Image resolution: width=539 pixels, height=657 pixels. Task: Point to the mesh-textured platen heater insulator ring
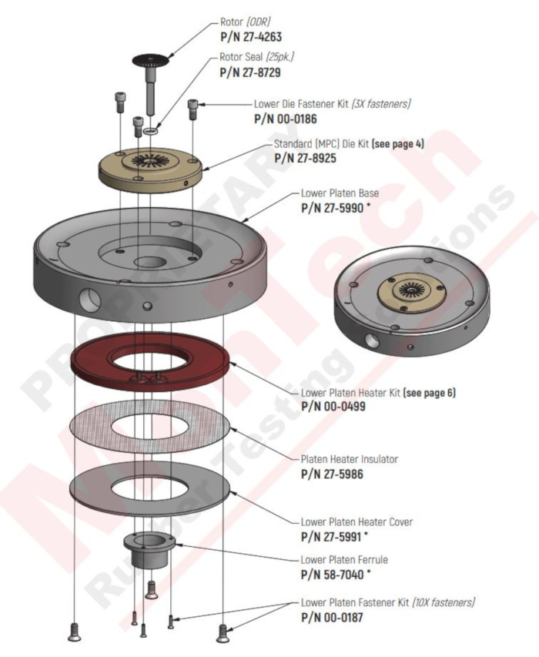point(149,429)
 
